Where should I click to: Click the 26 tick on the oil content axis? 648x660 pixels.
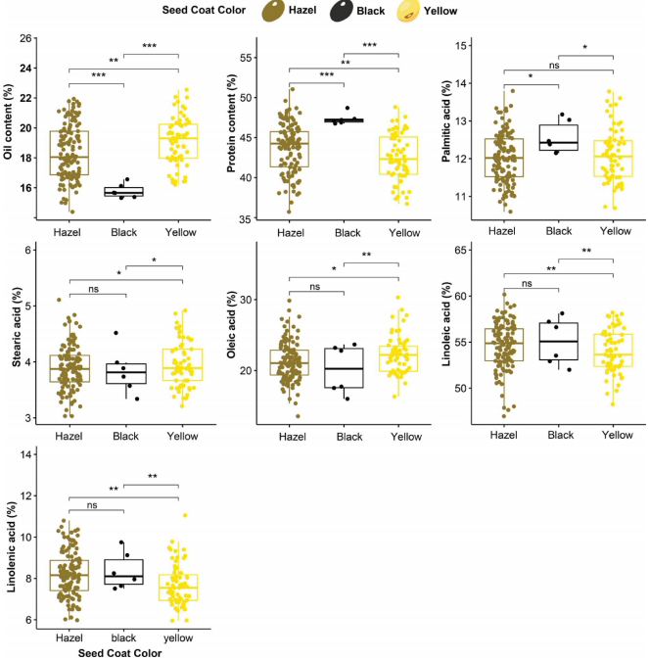tap(32, 38)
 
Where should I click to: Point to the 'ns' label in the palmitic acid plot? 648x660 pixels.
tap(559, 69)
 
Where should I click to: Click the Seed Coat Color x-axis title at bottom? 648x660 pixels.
tap(122, 652)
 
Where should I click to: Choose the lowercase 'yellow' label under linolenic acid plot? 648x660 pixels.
tap(179, 636)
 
